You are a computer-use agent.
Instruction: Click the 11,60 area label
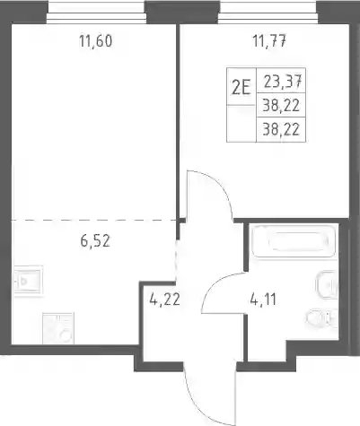96,41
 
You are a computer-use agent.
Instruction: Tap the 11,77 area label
269,41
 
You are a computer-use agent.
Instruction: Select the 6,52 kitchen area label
95,241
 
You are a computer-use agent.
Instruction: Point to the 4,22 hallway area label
164,300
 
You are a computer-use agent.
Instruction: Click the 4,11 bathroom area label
263,300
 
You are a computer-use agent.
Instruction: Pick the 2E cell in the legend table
241,87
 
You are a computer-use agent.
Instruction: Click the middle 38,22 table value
281,105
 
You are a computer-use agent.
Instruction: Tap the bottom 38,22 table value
281,130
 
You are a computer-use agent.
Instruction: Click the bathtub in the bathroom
294,241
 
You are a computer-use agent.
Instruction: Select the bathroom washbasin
327,286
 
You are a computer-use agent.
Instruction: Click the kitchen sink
29,280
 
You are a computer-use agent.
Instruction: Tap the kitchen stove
58,328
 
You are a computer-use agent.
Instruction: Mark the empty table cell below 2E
241,123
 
